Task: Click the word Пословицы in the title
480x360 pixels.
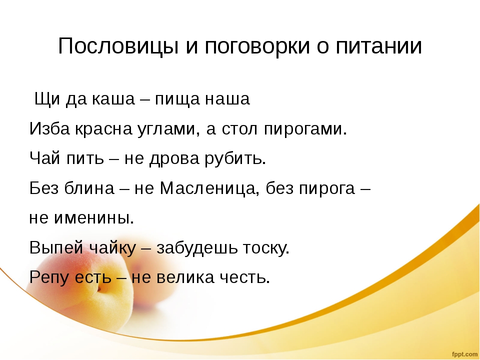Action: [x=118, y=47]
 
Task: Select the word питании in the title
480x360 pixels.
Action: [x=379, y=46]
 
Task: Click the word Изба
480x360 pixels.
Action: [x=49, y=128]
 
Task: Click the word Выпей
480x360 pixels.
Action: [x=56, y=247]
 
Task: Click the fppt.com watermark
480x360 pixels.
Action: [x=464, y=354]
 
